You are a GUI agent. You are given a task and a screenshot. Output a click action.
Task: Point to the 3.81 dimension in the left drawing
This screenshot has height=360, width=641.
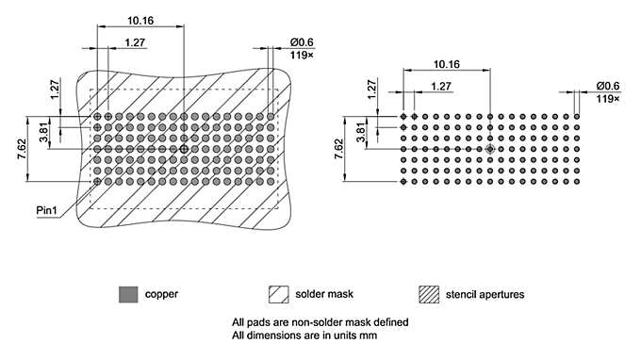tap(44, 133)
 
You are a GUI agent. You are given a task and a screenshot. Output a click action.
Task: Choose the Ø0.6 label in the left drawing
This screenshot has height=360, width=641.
tap(302, 41)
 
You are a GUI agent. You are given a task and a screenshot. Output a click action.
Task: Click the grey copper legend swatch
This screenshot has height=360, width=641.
tap(126, 294)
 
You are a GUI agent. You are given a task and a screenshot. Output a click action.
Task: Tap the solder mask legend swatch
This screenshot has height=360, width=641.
tap(278, 294)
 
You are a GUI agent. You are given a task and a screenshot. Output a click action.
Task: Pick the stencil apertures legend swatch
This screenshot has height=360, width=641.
tap(430, 294)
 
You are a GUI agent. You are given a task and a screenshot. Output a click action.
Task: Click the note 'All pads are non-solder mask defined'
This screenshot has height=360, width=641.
tap(320, 321)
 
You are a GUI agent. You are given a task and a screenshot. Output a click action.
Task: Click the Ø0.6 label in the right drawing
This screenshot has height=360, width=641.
tap(607, 86)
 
